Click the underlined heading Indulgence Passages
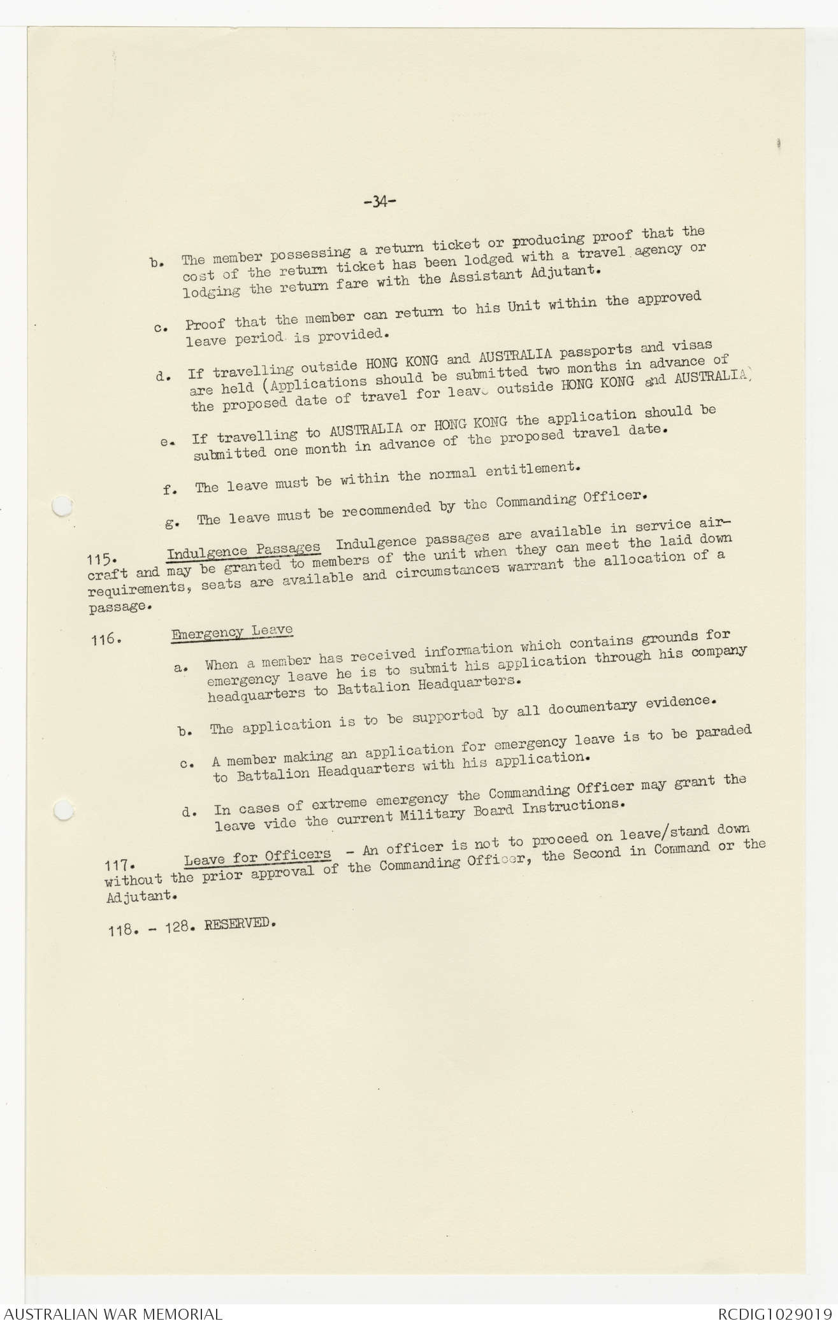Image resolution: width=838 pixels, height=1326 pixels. pyautogui.click(x=243, y=551)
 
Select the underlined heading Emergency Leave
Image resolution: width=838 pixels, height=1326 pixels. pyautogui.click(x=231, y=631)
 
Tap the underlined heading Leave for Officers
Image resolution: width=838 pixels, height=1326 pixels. pyautogui.click(x=257, y=856)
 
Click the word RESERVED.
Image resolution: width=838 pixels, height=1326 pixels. pyautogui.click(x=239, y=924)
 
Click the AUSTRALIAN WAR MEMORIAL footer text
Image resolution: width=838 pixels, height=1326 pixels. pyautogui.click(x=113, y=1313)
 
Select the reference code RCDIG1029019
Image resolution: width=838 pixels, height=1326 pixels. pyautogui.click(x=774, y=1313)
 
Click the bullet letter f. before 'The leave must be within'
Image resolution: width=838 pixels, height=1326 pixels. pyautogui.click(x=169, y=489)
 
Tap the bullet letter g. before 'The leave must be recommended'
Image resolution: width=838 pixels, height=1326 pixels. pyautogui.click(x=170, y=523)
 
